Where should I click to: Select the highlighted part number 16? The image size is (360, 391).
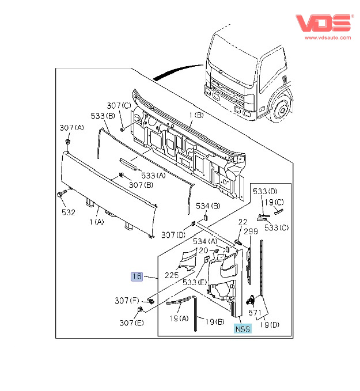pos(137,277)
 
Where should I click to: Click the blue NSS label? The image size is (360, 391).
pos(242,329)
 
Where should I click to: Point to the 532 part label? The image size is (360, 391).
pos(69,212)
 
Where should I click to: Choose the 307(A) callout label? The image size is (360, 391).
pos(72,127)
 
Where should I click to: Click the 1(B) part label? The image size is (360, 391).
pos(196,116)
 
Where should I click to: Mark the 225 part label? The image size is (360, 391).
pos(172,276)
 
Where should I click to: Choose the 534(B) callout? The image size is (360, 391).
pos(208,206)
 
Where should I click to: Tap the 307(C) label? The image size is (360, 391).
pos(119,105)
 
